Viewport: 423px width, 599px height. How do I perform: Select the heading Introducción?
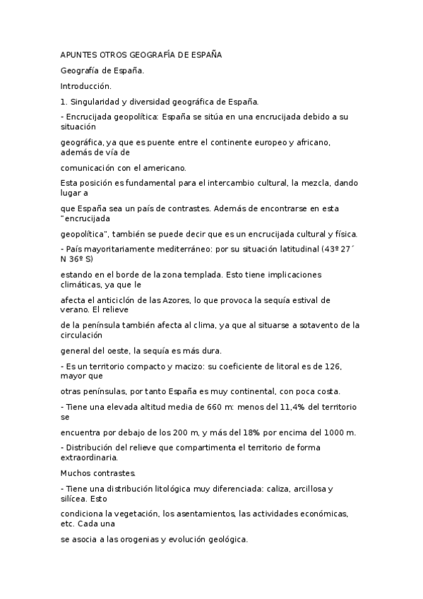81,85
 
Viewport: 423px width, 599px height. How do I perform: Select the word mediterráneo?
161,249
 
